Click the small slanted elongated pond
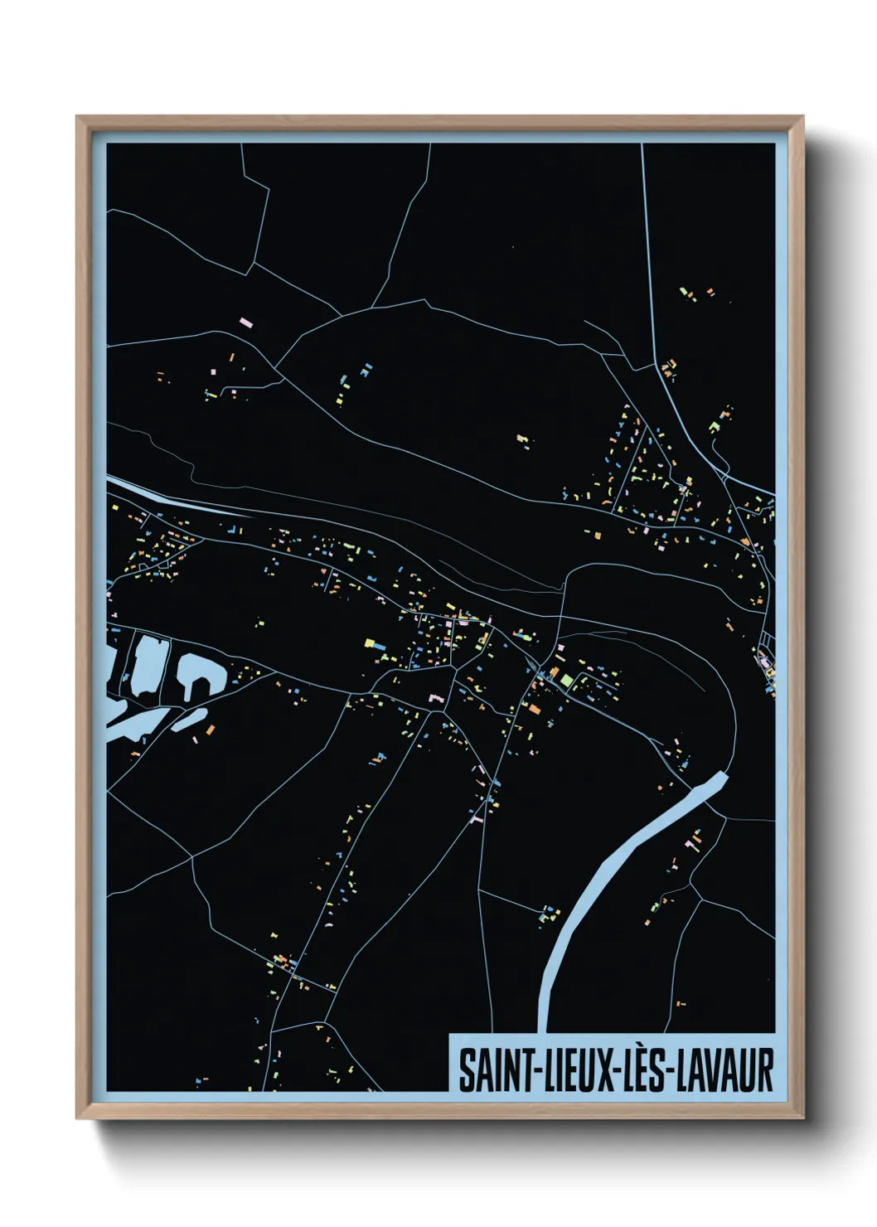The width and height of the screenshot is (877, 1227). [x=190, y=719]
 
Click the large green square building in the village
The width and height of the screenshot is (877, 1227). [x=567, y=681]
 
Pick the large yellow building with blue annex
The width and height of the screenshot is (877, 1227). [x=371, y=643]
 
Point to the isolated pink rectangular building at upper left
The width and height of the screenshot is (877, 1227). [x=245, y=320]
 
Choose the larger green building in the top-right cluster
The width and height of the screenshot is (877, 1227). [x=714, y=427]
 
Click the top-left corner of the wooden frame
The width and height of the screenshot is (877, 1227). [x=78, y=118]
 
